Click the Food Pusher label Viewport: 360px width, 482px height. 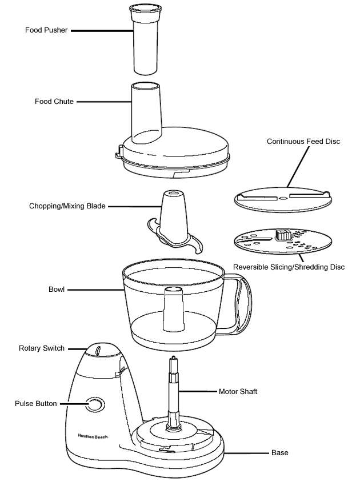[46, 30]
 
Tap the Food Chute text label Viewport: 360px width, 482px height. [54, 102]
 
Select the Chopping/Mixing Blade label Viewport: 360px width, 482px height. [67, 206]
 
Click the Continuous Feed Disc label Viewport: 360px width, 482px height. [303, 141]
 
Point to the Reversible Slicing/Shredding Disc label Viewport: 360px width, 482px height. [289, 267]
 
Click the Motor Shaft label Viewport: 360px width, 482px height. [238, 392]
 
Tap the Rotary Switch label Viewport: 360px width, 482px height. [42, 348]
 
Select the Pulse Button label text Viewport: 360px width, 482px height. [35, 404]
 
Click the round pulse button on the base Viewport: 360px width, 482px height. [95, 404]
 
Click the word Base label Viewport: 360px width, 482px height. [279, 453]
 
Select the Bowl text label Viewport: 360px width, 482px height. [57, 290]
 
